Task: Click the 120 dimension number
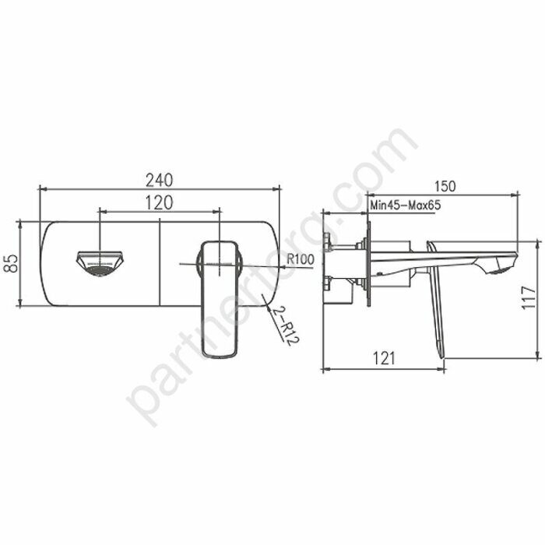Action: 159,202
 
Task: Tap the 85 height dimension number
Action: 11,264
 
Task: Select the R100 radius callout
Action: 300,259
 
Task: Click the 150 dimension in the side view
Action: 445,186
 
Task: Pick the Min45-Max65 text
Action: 405,206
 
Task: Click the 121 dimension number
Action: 383,357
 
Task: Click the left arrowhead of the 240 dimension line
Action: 42,188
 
